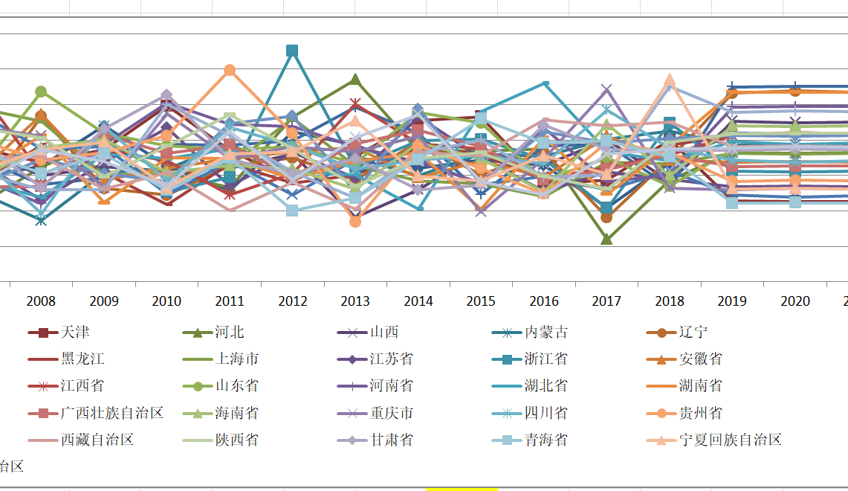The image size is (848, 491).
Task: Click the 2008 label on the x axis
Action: point(41,301)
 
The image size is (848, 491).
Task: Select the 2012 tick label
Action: point(293,301)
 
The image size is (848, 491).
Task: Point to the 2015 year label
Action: point(481,301)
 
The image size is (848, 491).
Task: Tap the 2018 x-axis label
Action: point(670,301)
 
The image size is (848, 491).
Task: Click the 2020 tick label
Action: point(795,301)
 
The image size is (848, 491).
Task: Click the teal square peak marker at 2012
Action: point(292,51)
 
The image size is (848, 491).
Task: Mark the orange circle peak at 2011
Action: point(230,70)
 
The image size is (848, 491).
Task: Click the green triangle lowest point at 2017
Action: point(606,240)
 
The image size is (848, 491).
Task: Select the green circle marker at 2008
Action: point(41,92)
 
